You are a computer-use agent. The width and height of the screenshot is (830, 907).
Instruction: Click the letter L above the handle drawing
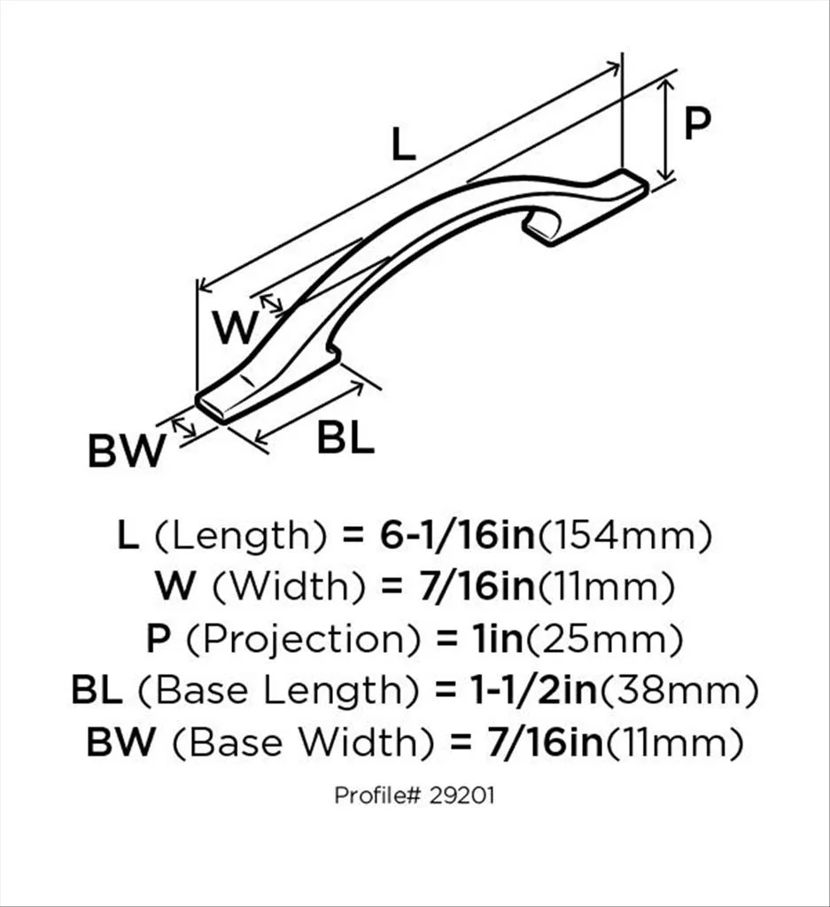403,144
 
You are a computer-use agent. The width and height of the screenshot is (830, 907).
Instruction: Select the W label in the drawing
236,329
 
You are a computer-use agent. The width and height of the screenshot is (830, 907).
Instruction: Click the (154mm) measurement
626,536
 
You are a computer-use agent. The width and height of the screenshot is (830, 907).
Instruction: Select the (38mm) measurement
679,690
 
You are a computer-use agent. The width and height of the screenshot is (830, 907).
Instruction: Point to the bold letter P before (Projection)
157,639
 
